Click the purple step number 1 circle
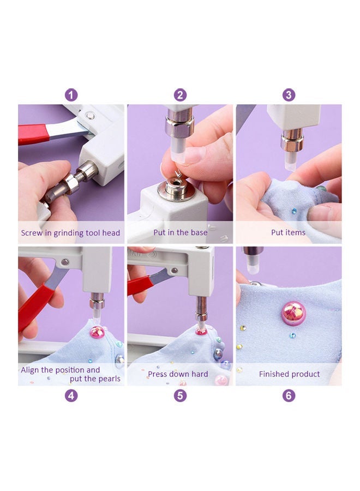[71, 95]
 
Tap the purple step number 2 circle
[180, 95]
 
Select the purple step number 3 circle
[289, 95]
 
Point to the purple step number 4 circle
[71, 396]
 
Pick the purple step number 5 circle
[180, 396]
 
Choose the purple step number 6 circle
[289, 396]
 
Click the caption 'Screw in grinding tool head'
[70, 233]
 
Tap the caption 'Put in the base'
[180, 233]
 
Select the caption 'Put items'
[289, 233]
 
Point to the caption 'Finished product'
[289, 375]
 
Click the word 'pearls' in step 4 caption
[109, 379]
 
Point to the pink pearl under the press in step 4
[97, 331]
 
